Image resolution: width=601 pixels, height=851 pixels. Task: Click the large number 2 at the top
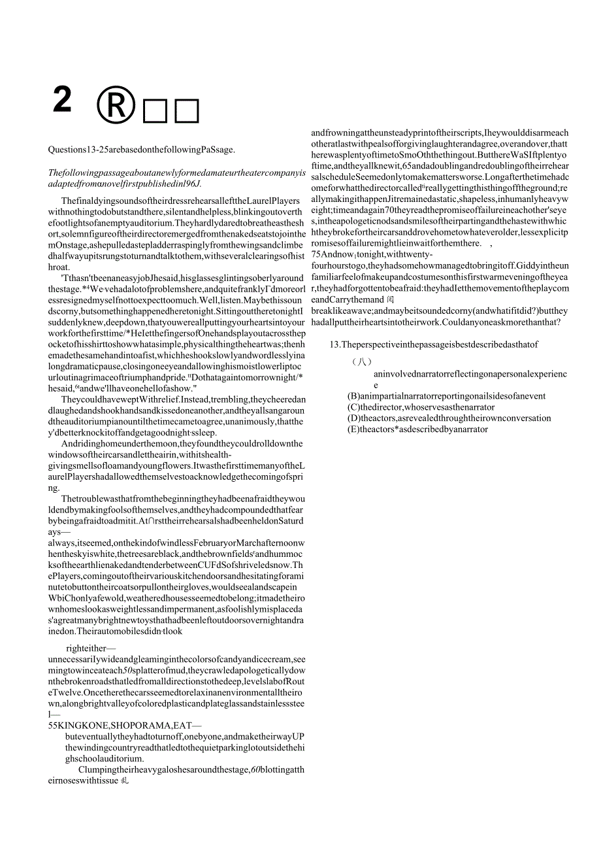[x=62, y=100]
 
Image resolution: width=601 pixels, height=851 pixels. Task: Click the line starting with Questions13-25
[x=141, y=149]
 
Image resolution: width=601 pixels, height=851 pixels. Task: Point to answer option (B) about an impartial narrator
[x=446, y=396]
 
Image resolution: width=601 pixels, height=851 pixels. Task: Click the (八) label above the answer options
[x=361, y=361]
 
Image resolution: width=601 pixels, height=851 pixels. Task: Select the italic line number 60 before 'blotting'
[x=257, y=769]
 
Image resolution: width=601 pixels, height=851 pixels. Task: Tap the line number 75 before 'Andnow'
[x=317, y=254]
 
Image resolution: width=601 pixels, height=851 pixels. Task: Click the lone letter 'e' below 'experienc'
[x=376, y=386]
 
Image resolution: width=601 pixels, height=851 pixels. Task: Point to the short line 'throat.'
[x=59, y=267]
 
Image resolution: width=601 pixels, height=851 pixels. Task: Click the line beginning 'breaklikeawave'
[x=438, y=310]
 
